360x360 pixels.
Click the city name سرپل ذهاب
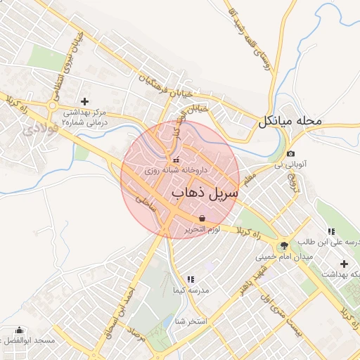pyautogui.click(x=205, y=192)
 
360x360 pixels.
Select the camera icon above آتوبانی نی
pyautogui.click(x=290, y=154)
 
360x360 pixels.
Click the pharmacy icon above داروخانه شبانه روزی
pyautogui.click(x=176, y=159)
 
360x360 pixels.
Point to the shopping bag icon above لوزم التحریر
pyautogui.click(x=202, y=218)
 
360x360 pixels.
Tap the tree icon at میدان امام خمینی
pyautogui.click(x=283, y=245)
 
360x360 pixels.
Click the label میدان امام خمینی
pyautogui.click(x=277, y=256)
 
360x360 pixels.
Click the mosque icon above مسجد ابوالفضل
pyautogui.click(x=19, y=330)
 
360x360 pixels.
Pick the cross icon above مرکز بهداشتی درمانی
pyautogui.click(x=84, y=102)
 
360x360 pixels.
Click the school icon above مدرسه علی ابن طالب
pyautogui.click(x=330, y=231)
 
